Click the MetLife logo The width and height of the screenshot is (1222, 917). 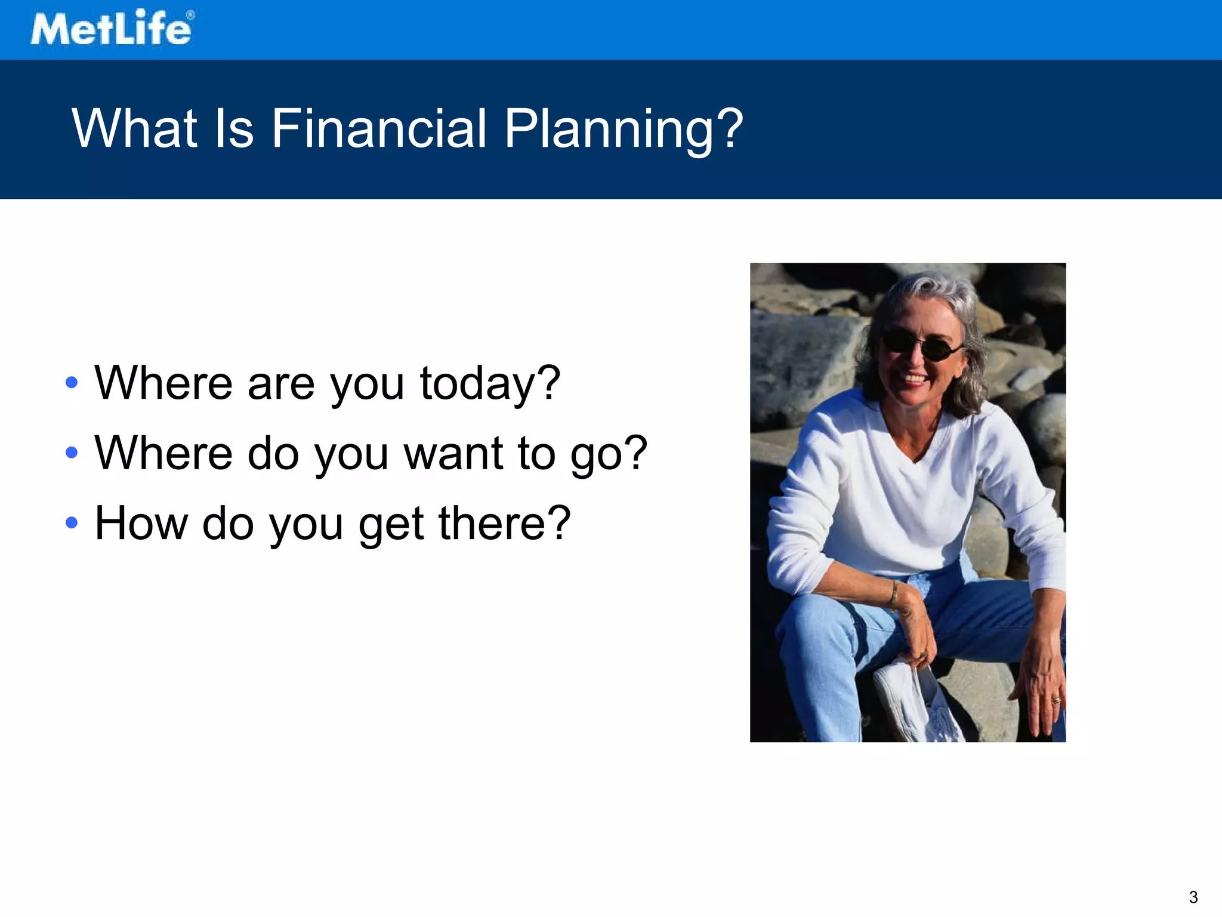(112, 28)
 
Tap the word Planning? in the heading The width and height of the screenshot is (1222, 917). (624, 129)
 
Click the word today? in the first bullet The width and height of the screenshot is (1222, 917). (490, 384)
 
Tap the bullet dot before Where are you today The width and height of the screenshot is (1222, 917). (72, 383)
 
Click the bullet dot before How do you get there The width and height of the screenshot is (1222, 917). (72, 523)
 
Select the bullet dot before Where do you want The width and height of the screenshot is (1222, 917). (72, 453)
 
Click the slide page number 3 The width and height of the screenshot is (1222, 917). (1193, 897)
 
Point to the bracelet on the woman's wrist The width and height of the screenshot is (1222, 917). (894, 593)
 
